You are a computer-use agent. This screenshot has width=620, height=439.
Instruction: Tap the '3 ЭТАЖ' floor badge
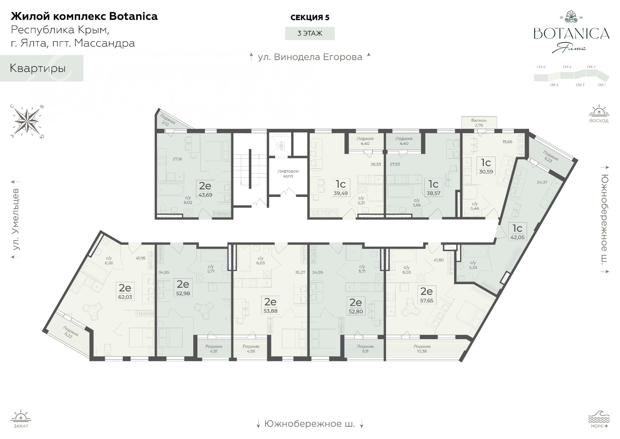tap(310, 33)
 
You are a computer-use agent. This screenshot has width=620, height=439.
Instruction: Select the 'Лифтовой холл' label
tap(288, 174)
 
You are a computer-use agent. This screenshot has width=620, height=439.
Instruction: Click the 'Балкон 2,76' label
tap(479, 123)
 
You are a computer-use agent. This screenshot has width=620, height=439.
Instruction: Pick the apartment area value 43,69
tap(205, 195)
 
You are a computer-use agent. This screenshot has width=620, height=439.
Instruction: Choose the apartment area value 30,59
tap(486, 171)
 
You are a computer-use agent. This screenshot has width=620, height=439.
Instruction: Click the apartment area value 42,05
tap(517, 237)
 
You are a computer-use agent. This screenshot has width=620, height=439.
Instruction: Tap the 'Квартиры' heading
tap(38, 68)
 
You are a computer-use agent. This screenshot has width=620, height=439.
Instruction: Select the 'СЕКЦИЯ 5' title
tap(310, 17)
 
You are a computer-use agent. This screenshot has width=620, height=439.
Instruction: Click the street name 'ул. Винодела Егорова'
tap(310, 57)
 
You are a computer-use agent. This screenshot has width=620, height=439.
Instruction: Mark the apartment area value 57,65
tap(427, 301)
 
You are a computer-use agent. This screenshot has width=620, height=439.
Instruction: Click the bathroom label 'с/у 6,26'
tap(109, 260)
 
